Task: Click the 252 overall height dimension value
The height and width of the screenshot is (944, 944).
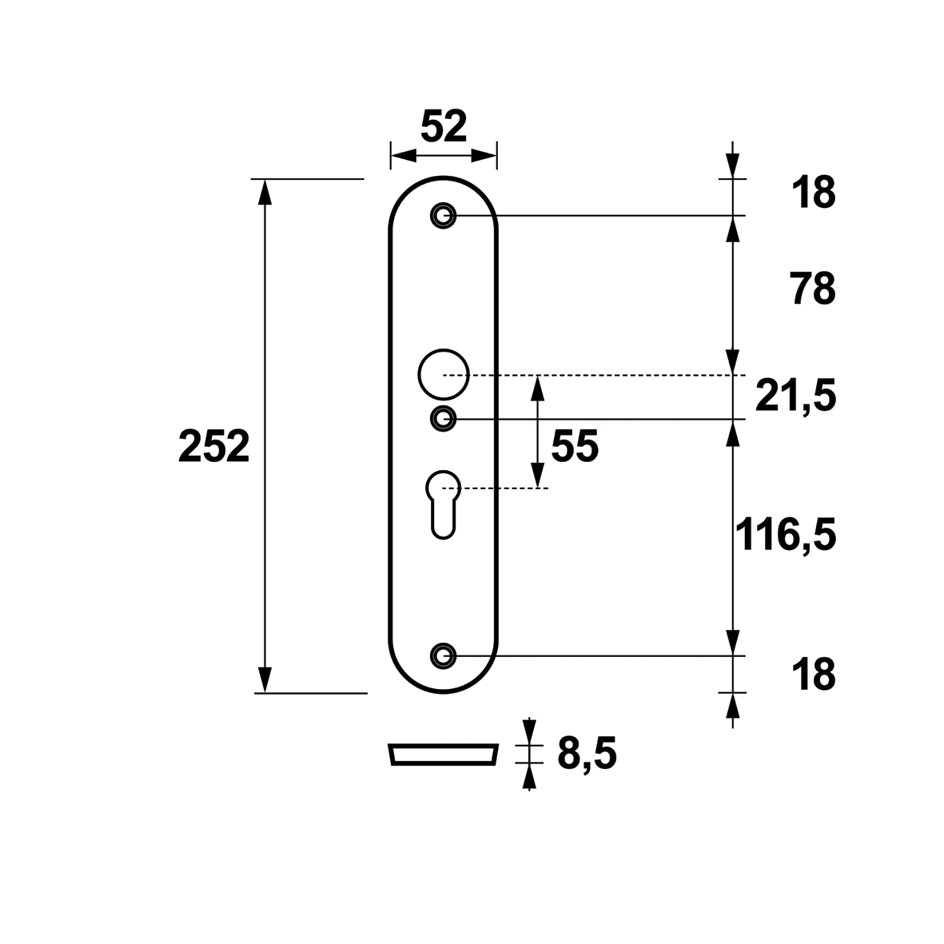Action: point(213,447)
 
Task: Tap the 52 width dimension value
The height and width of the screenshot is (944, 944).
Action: point(444,126)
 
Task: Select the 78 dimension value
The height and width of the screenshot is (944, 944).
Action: point(814,289)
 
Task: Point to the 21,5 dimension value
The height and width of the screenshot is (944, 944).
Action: point(795,397)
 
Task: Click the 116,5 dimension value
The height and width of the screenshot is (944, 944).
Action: point(786,535)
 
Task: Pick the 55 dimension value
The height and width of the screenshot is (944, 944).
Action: point(575,447)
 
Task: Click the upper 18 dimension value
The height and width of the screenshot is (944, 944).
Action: point(814,193)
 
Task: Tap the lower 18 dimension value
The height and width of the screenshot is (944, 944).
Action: point(814,675)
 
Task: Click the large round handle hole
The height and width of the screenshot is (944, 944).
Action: point(419,374)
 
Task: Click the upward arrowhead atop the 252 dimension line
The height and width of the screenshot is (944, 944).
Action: point(265,193)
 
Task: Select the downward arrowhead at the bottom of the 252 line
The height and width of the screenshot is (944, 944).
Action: point(265,679)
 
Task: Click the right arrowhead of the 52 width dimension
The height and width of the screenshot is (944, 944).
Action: point(484,156)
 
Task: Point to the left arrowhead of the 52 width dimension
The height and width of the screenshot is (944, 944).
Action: point(404,156)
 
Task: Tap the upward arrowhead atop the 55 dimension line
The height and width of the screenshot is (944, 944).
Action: point(538,388)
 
